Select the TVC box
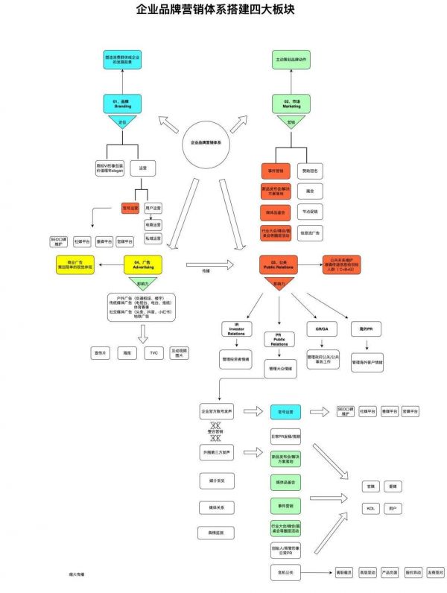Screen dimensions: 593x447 coord(153,352)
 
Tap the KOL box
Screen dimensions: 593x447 coord(370,508)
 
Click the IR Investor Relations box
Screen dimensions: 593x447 coord(234,330)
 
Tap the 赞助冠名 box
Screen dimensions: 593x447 coord(311,171)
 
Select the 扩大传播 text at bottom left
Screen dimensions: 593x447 coord(76,574)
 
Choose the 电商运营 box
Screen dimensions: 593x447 coord(153,223)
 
